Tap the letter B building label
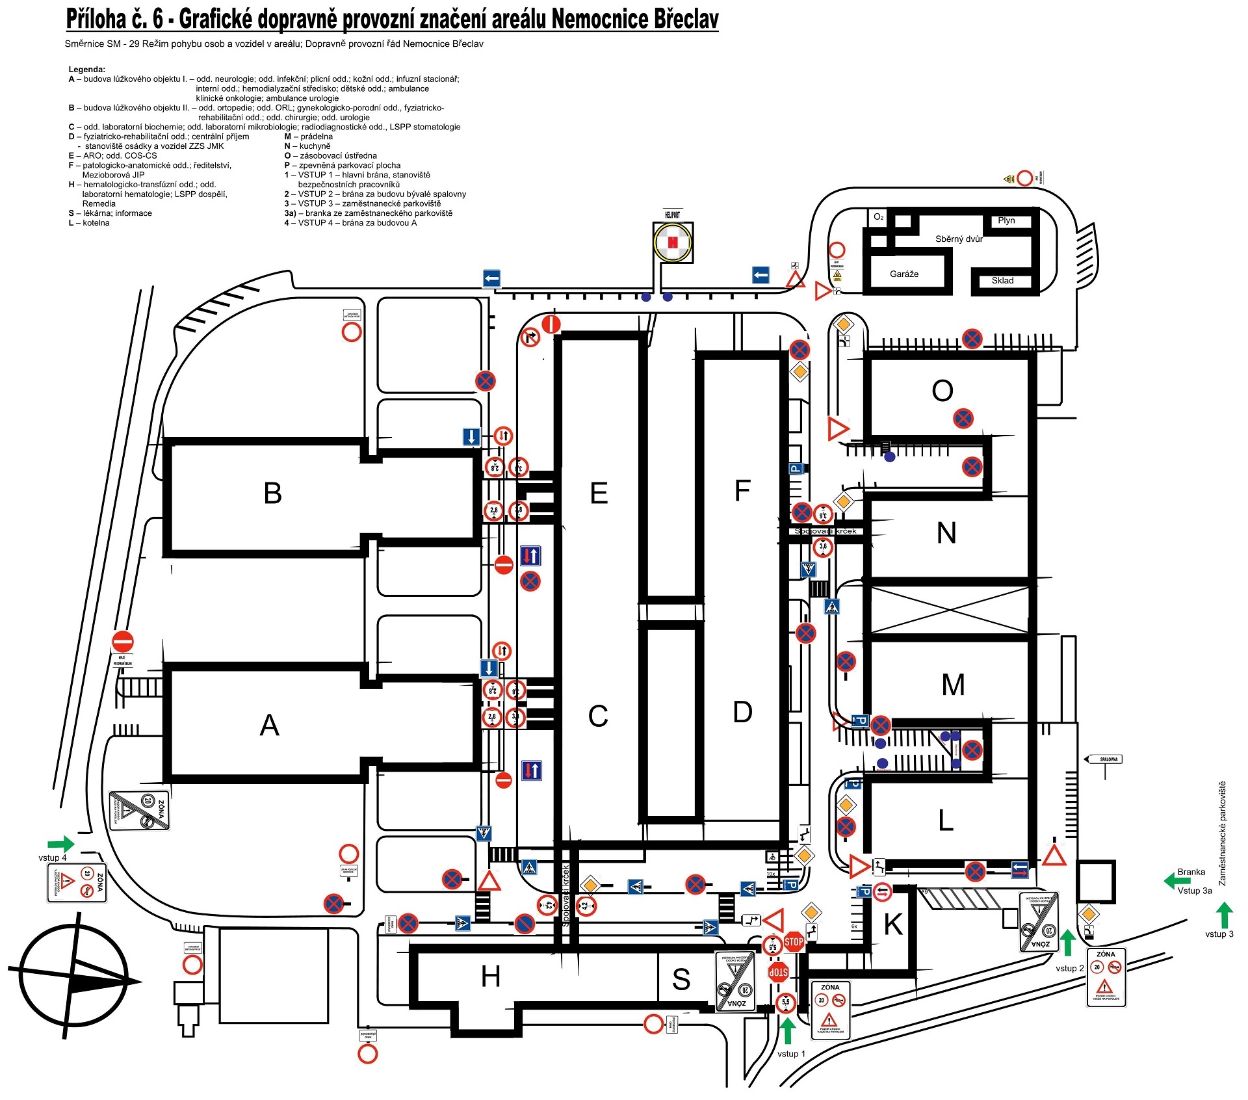click(x=273, y=493)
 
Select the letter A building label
click(x=269, y=725)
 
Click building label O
click(x=942, y=391)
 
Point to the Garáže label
click(x=904, y=274)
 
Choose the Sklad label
click(x=1002, y=280)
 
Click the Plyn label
click(x=1006, y=220)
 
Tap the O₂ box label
click(x=878, y=216)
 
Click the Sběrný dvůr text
click(x=959, y=239)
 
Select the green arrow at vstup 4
click(x=61, y=844)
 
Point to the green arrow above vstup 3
click(x=1224, y=915)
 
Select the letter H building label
click(x=491, y=976)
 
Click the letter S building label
click(x=681, y=979)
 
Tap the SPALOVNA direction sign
click(x=1104, y=759)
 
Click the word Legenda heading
click(x=86, y=69)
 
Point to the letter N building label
click(x=946, y=533)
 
